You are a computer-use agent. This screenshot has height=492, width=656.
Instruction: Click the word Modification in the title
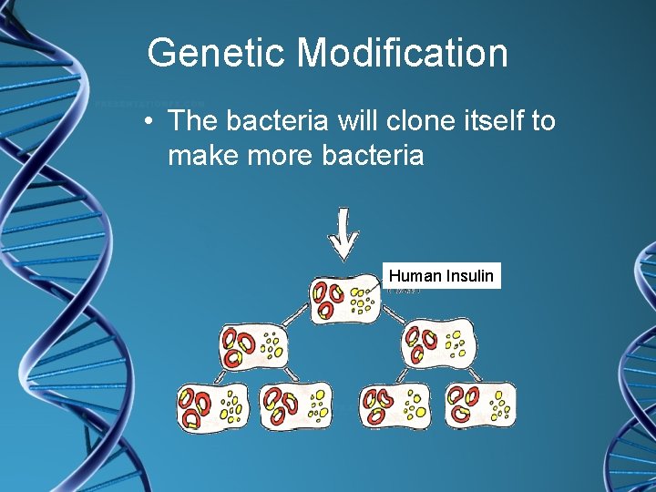403,53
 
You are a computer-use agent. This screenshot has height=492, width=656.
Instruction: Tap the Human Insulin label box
442,276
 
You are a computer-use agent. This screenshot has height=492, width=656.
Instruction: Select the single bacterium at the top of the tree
344,299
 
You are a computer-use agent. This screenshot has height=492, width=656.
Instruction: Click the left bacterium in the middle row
253,348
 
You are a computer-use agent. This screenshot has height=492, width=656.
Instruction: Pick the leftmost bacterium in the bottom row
210,405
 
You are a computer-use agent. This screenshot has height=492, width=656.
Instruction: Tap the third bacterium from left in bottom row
395,405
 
